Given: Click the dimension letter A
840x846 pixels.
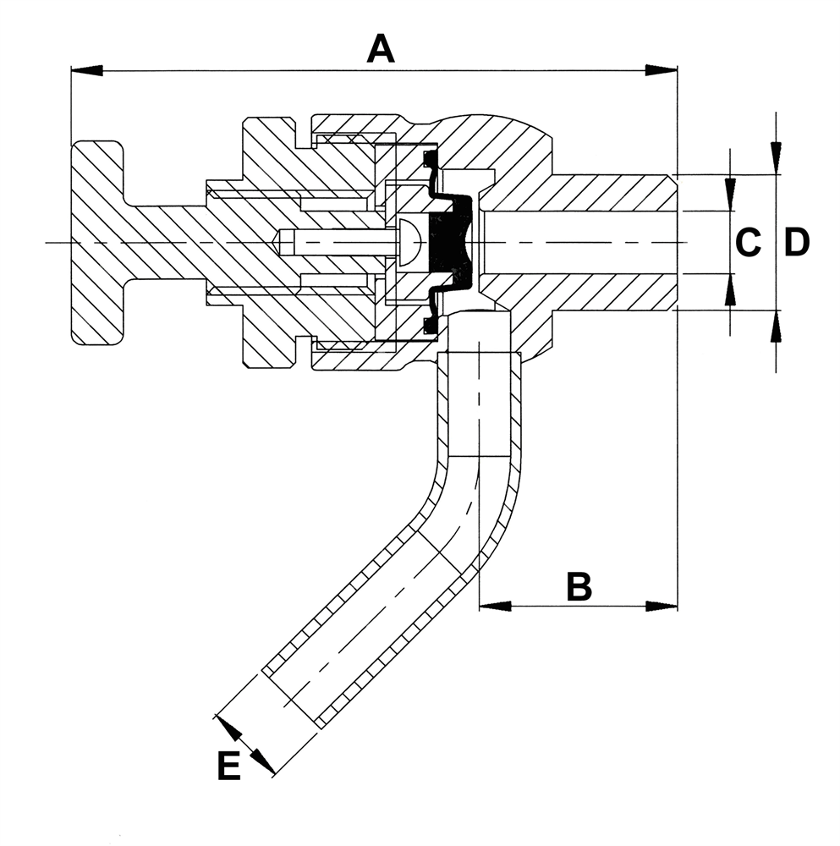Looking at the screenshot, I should pos(381,48).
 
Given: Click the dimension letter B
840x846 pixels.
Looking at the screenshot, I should pos(579,585).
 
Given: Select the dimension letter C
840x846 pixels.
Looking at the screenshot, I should pos(747,243).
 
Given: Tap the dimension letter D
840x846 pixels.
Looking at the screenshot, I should pos(796,243).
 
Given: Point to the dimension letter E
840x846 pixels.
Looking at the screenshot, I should pos(228,766).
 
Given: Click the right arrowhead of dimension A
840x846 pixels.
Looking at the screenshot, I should pos(662,70).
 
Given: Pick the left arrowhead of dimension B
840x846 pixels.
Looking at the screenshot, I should pos(496,606).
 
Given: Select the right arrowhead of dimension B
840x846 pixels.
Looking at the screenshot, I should pos(662,606).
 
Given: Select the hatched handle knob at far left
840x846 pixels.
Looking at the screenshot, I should pos(97,243).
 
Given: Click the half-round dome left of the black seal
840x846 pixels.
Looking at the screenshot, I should pos(409,243).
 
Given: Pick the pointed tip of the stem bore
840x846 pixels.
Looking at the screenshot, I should pos(277,242).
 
